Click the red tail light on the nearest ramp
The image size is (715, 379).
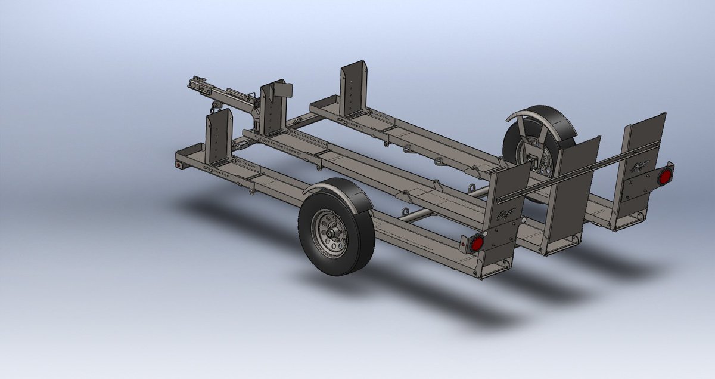(476, 244)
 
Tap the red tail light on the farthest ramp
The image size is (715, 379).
(664, 175)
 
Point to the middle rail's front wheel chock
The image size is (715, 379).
(272, 110)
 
